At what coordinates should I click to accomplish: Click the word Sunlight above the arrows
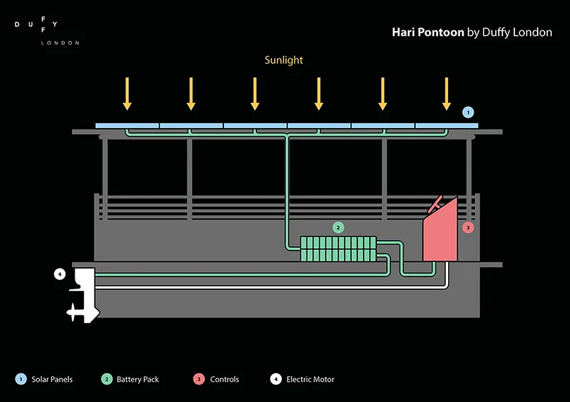click(283, 60)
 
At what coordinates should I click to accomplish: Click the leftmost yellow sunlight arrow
click(128, 94)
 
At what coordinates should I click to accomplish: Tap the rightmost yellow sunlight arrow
click(446, 94)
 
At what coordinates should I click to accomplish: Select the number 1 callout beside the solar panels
click(469, 112)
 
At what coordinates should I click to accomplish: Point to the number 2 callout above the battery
click(338, 227)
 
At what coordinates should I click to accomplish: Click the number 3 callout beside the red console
click(469, 227)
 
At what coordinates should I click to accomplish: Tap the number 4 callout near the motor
click(60, 274)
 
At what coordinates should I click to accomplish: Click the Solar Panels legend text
click(52, 379)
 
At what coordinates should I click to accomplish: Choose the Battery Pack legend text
click(137, 379)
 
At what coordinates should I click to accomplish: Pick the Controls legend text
click(224, 379)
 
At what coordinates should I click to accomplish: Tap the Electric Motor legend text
click(310, 379)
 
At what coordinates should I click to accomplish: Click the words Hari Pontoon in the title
click(428, 32)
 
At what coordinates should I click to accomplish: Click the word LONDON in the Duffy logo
click(61, 43)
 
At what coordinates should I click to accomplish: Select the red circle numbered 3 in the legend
click(199, 379)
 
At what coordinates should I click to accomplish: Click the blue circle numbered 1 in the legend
click(22, 379)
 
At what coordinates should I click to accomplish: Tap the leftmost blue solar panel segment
click(128, 125)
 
